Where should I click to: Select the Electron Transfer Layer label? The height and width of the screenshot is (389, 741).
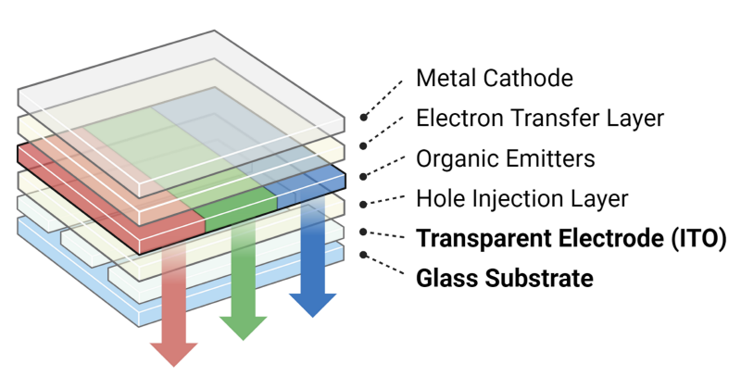[x=540, y=118]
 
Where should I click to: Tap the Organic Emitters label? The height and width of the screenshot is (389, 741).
[x=505, y=158]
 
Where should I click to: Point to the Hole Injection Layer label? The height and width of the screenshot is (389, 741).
[x=522, y=198]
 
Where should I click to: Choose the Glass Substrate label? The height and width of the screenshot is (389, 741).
[x=505, y=278]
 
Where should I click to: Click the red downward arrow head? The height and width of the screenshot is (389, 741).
[x=174, y=352]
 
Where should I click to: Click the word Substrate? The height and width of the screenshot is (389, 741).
[x=541, y=278]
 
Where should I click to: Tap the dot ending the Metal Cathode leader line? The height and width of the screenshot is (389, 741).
[x=363, y=119]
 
